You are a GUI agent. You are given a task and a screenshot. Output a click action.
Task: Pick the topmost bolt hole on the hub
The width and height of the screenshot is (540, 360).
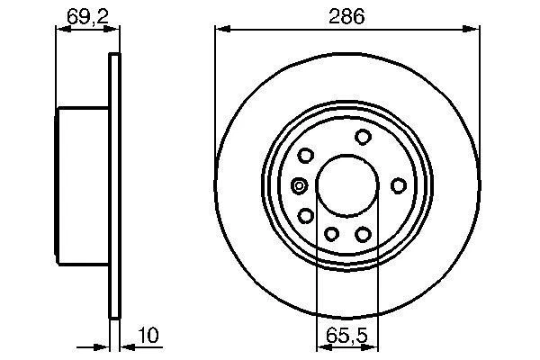click(x=364, y=137)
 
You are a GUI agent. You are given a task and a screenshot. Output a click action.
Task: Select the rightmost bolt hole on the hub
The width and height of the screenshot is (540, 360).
click(x=398, y=185)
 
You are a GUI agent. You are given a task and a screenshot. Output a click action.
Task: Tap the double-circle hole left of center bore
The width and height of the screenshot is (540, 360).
click(x=301, y=186)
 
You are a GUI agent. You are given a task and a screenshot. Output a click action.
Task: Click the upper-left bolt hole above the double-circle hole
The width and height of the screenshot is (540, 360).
click(x=306, y=155)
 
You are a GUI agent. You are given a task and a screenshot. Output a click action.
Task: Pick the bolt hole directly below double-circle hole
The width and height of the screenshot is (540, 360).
click(x=306, y=216)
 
